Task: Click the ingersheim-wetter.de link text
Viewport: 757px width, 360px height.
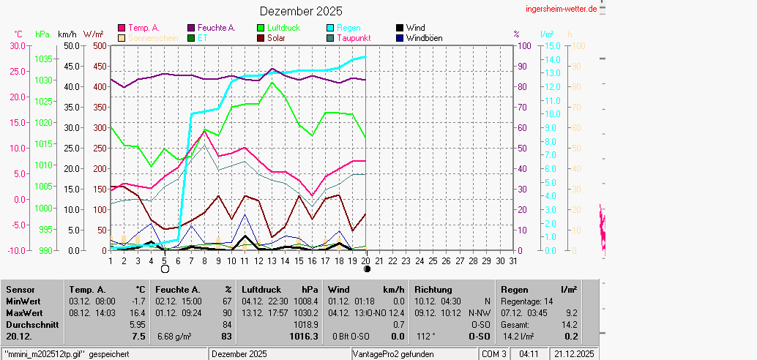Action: [x=561, y=8]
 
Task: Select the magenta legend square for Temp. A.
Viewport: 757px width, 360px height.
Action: [x=122, y=28]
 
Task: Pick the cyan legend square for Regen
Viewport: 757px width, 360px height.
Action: [x=331, y=28]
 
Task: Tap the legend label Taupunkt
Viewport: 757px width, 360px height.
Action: [x=354, y=38]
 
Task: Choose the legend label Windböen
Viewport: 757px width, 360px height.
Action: [x=424, y=38]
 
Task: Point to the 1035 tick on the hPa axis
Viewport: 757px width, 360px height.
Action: [x=43, y=59]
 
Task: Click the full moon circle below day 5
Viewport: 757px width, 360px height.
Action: [x=165, y=269]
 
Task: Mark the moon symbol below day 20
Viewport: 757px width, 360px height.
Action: [x=367, y=269]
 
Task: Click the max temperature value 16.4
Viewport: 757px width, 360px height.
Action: [x=138, y=312]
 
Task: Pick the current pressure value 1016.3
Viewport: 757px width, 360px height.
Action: [x=305, y=337]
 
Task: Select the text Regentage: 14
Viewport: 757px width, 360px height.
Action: [x=527, y=301]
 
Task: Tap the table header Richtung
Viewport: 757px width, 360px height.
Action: [x=433, y=290]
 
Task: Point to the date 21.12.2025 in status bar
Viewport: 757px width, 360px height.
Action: [x=575, y=354]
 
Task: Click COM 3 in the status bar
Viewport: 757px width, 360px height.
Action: [x=493, y=354]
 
